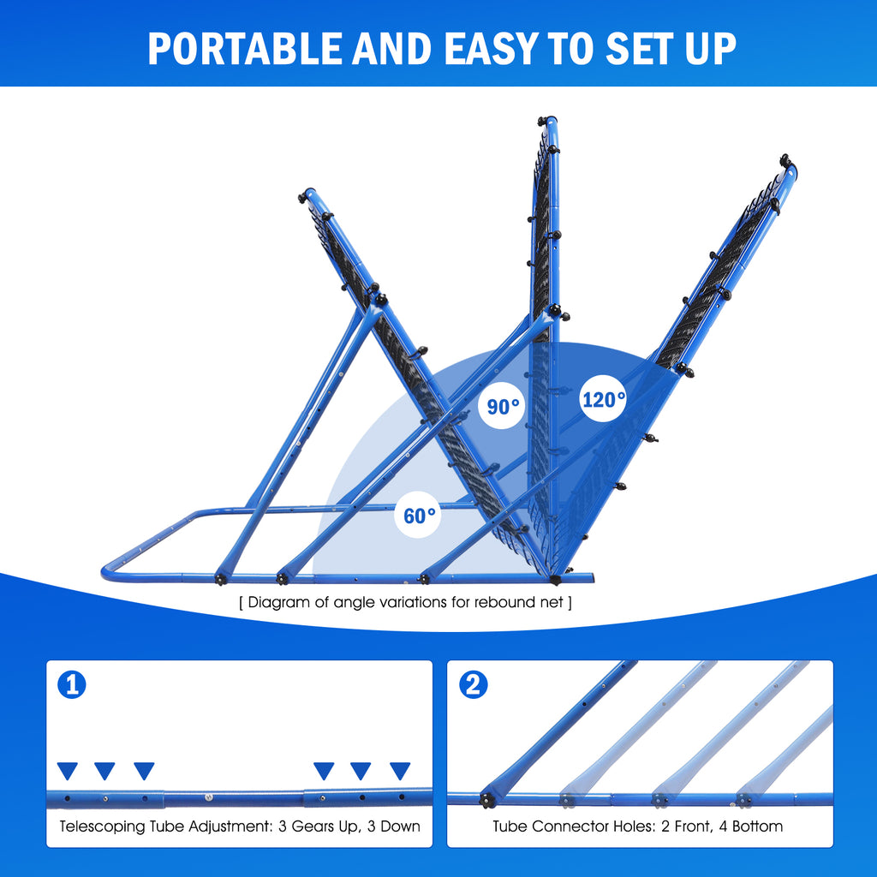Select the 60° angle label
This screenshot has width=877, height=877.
[419, 516]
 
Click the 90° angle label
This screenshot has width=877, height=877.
[504, 406]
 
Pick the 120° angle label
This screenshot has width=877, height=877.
[604, 399]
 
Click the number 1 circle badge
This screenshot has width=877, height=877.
[71, 685]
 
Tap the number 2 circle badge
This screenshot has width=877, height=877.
[474, 685]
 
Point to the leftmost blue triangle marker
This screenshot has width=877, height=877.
[67, 771]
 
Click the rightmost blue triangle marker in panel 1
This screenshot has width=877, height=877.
[400, 771]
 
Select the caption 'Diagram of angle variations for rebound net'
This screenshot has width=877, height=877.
[405, 602]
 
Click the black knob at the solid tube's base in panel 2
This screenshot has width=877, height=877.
[487, 799]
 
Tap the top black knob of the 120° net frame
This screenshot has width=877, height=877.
[785, 160]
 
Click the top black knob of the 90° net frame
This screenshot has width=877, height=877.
[542, 121]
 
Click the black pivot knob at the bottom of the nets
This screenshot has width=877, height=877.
[556, 579]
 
